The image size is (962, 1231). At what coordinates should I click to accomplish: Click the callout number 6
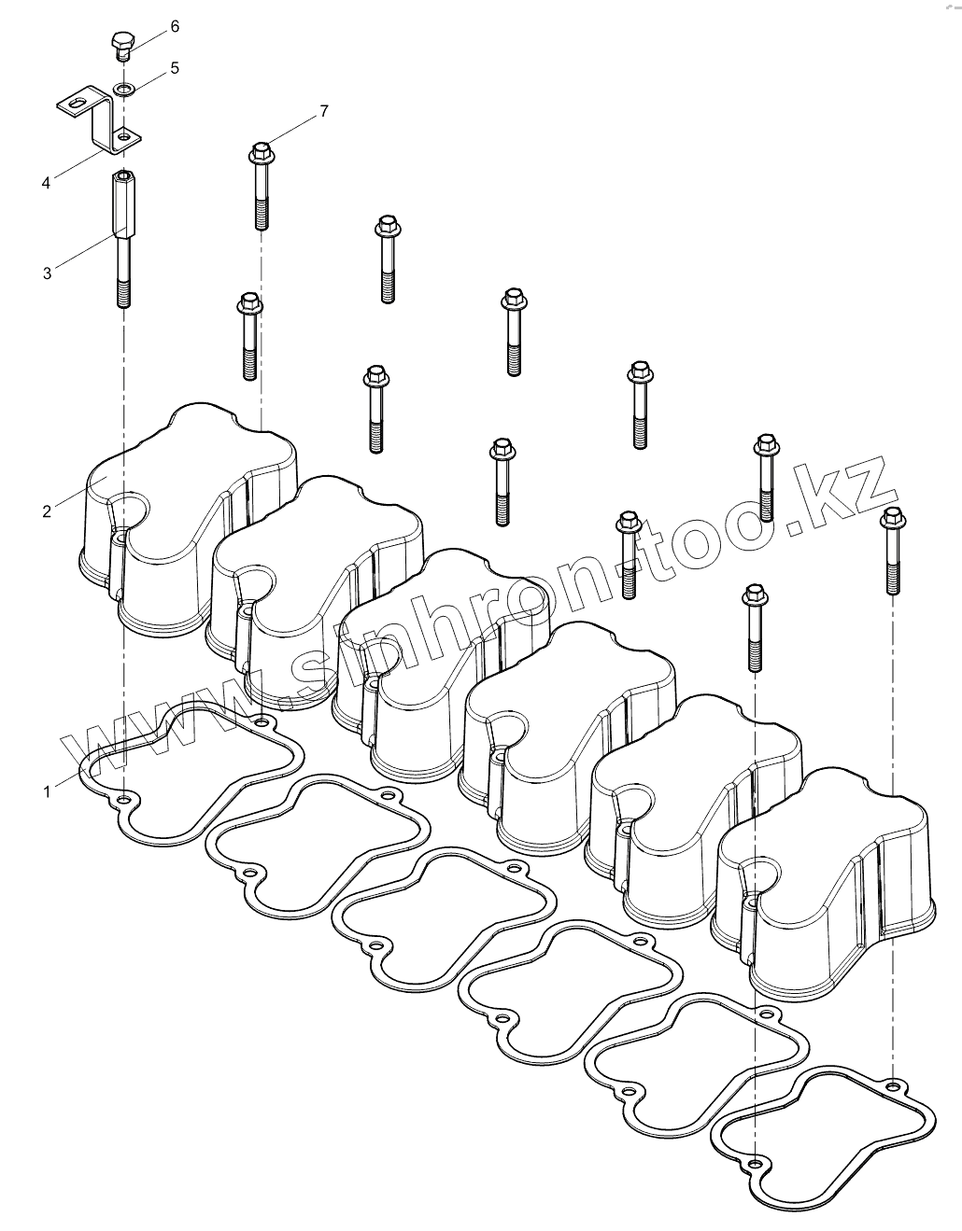(x=174, y=26)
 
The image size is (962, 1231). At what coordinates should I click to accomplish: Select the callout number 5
(x=174, y=68)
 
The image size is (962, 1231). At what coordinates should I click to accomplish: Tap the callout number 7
(x=323, y=112)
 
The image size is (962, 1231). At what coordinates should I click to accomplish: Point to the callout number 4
(x=46, y=182)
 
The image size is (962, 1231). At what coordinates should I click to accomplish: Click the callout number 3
(x=46, y=273)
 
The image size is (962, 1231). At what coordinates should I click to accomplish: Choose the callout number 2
(x=46, y=511)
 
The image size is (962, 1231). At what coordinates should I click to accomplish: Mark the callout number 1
(x=46, y=791)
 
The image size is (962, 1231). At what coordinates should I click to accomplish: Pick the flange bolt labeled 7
(x=261, y=187)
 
